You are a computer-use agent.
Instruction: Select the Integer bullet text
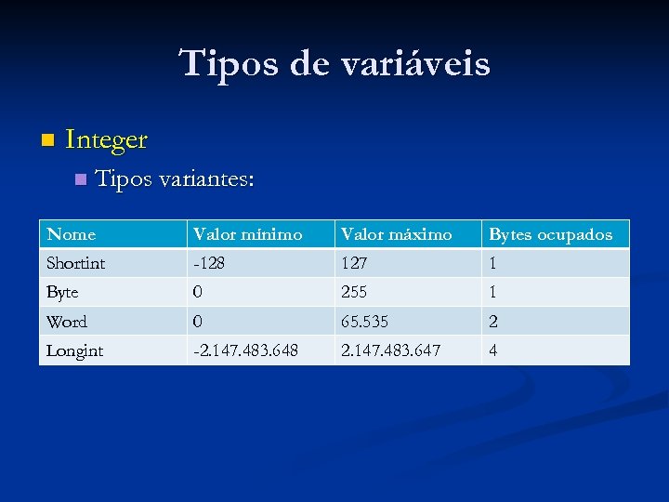107,140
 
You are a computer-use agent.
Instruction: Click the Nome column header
72,234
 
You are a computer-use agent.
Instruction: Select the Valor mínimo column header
247,234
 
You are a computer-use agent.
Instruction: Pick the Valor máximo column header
396,234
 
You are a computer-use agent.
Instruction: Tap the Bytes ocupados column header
551,234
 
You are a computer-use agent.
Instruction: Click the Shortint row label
76,263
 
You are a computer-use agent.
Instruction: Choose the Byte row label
63,292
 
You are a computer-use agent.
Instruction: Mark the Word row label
67,322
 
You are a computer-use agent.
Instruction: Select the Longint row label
75,350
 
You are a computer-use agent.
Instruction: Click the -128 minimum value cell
208,263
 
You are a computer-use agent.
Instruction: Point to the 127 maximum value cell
354,263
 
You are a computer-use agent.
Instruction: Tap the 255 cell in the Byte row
354,292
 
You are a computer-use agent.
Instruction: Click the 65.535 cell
365,322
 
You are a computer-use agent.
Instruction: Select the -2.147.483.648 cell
246,350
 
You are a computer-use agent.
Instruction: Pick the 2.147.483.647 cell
390,350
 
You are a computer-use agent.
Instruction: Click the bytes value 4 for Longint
494,350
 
